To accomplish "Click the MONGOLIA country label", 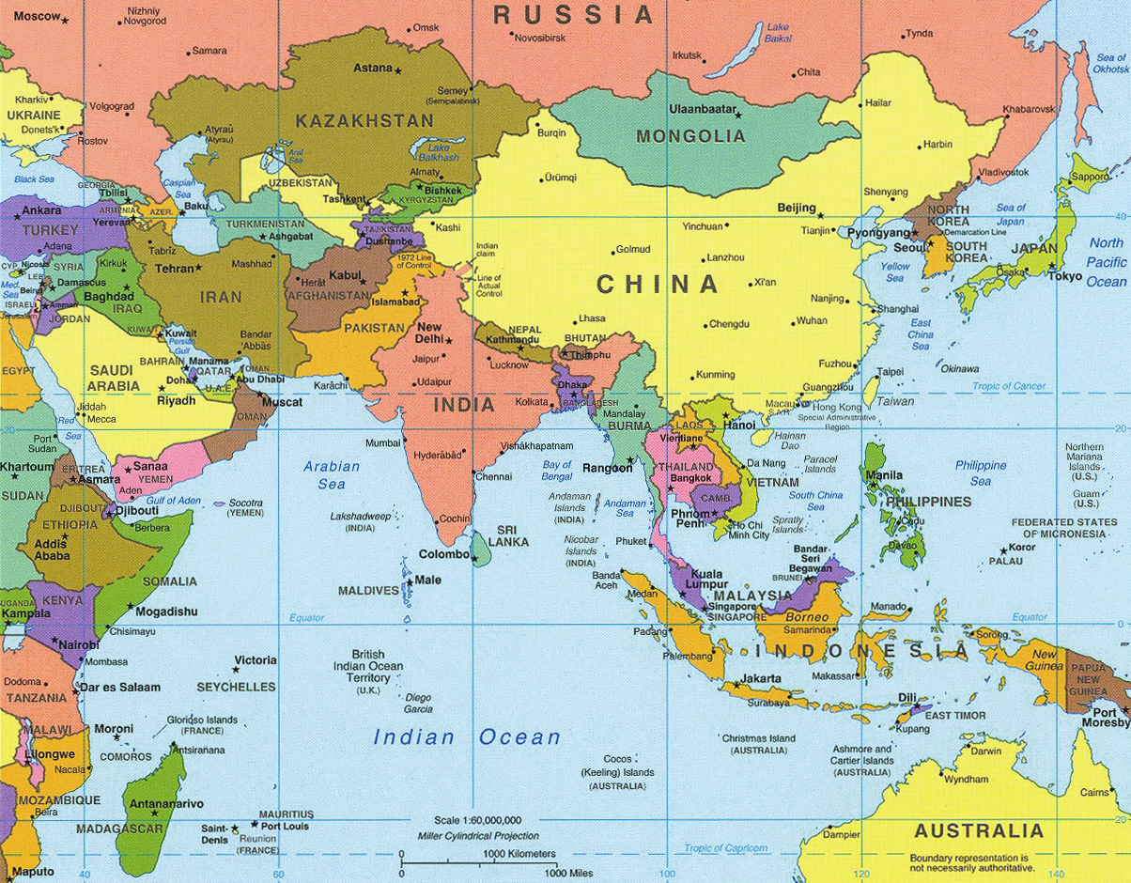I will click(690, 136).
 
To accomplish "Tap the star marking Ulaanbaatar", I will click(737, 114).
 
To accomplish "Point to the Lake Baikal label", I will click(777, 33).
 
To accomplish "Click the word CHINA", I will click(658, 284).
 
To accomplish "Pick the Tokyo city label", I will click(1065, 276).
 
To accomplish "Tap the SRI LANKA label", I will click(513, 535).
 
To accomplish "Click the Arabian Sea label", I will click(331, 474).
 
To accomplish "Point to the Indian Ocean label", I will click(467, 737).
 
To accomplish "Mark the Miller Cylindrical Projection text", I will click(478, 836).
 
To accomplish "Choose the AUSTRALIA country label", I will click(978, 831).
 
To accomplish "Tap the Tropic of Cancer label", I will click(1009, 386).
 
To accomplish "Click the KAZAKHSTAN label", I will click(364, 120).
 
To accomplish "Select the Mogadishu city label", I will click(166, 612).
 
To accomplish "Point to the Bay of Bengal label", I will click(557, 471).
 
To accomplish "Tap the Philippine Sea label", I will click(981, 472).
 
